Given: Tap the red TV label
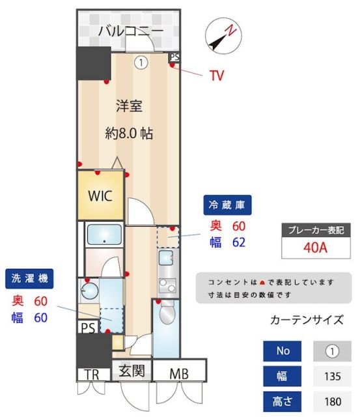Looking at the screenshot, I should (217, 76).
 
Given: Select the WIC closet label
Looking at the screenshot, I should (100, 195).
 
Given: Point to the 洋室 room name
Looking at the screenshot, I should (129, 106).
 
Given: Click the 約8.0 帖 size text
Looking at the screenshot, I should (129, 134).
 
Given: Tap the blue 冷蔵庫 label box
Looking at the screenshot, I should (227, 205).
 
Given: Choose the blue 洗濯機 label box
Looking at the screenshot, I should (30, 279).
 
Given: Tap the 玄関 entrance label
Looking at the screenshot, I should (131, 372).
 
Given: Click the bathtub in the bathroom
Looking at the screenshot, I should (104, 235).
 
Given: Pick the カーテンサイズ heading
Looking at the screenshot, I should (306, 319).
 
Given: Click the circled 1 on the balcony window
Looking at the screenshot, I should (140, 63).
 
